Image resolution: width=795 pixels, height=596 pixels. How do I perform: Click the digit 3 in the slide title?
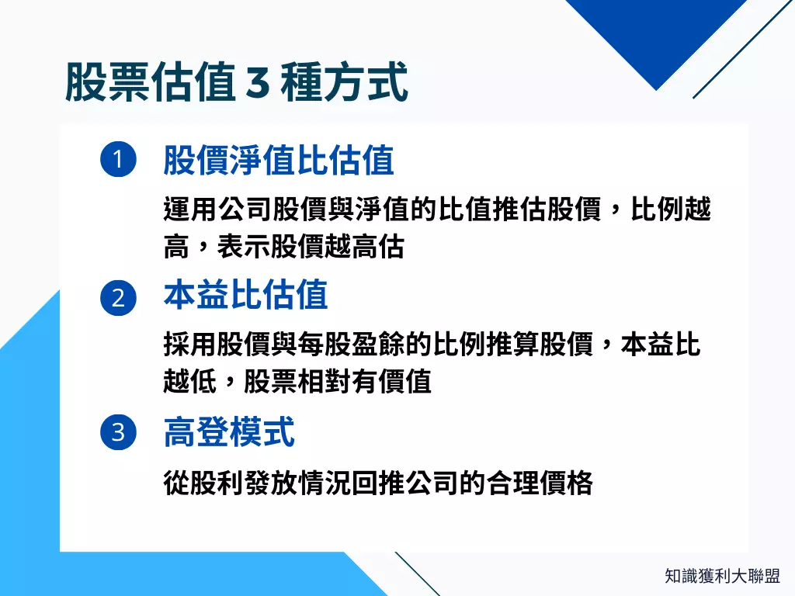256,83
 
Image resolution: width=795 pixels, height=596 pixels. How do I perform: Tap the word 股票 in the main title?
107,83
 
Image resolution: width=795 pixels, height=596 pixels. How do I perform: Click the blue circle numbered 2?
118,298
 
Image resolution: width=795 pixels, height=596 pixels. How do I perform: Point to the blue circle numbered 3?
118,431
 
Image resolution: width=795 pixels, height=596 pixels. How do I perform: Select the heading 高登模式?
229,431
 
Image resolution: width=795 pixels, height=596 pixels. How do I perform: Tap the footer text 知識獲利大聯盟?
722,576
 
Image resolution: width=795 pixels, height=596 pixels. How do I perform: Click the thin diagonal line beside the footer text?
417,573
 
